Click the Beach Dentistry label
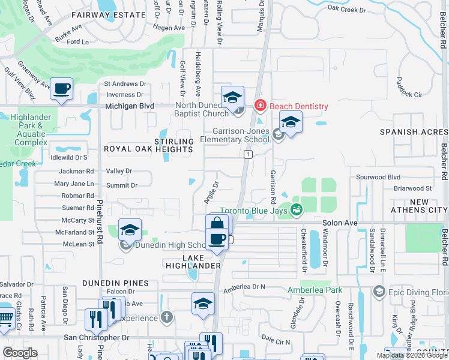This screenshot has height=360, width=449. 298,106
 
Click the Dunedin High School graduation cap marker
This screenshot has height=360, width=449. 130,230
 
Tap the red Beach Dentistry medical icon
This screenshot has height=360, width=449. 260,106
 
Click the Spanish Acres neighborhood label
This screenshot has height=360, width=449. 414,131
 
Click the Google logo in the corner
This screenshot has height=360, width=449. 20,353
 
